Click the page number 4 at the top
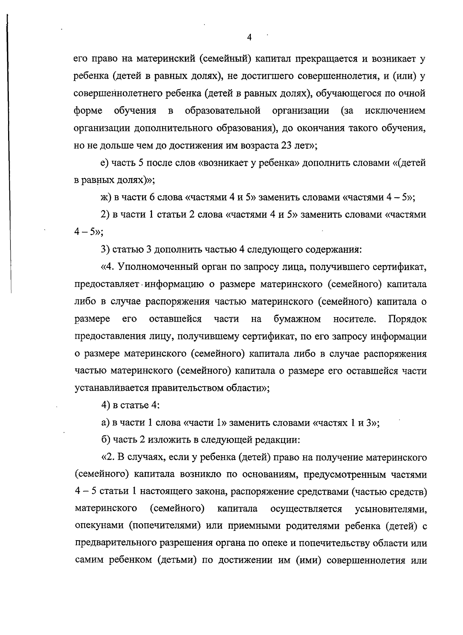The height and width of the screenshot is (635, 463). pyautogui.click(x=249, y=37)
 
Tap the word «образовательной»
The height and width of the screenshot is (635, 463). pyautogui.click(x=223, y=111)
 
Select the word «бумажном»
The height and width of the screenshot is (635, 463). pyautogui.click(x=297, y=319)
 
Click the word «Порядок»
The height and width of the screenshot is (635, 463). pyautogui.click(x=407, y=319)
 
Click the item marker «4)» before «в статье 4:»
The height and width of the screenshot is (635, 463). pyautogui.click(x=105, y=405)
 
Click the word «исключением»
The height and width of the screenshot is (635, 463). pyautogui.click(x=395, y=111)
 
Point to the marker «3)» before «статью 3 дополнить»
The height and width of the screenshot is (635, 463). pyautogui.click(x=105, y=249)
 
